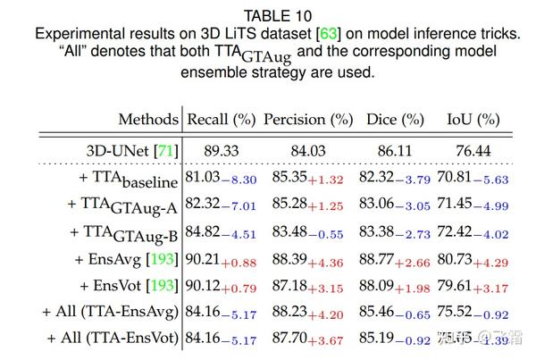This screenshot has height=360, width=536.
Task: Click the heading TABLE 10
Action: tap(268, 14)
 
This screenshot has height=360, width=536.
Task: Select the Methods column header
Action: tap(148, 120)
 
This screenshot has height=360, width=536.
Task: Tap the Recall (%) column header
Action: tap(220, 120)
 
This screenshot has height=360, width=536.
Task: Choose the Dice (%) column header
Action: tap(394, 120)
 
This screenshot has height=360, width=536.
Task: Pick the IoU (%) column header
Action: tap(473, 120)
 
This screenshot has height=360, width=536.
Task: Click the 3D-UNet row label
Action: tap(131, 151)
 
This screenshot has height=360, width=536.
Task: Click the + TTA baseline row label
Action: tap(124, 180)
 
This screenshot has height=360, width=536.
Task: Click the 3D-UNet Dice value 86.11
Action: tap(394, 151)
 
